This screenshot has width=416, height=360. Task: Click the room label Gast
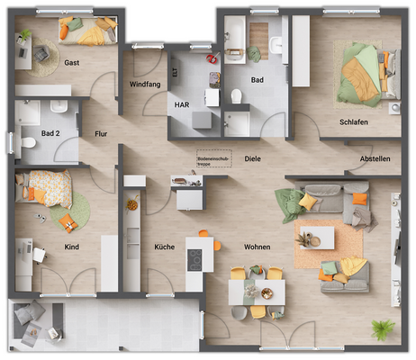point(73,63)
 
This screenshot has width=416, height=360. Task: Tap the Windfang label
point(144,84)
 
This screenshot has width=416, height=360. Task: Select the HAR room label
point(182,104)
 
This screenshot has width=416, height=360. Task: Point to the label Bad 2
point(50,134)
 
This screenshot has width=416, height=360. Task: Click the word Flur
point(101,134)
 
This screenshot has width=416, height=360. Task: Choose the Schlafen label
point(354,121)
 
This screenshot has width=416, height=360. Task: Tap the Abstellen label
point(375,159)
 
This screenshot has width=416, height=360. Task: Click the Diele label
point(253,158)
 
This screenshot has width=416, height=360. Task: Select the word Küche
point(164,246)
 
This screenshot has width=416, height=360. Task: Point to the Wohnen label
point(258,246)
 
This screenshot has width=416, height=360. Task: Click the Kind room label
point(72,246)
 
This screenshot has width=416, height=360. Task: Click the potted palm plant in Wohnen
point(384,329)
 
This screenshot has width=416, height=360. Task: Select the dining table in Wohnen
point(257,290)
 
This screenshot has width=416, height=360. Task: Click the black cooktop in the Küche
point(194,259)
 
